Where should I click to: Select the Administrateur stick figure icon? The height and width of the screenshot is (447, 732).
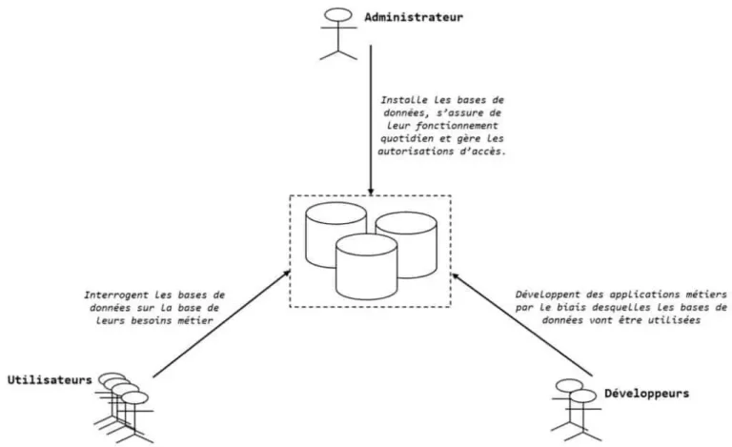point(339,36)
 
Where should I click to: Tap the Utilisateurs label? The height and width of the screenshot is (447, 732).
point(49,380)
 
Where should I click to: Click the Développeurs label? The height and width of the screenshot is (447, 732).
point(645,393)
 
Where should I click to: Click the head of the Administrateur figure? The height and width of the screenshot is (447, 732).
point(338,16)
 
